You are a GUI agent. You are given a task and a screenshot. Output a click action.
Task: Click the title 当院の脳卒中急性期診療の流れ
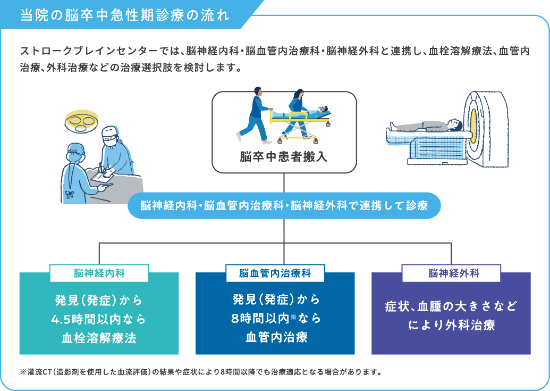124,15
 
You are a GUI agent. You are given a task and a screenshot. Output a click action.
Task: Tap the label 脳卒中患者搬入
284,156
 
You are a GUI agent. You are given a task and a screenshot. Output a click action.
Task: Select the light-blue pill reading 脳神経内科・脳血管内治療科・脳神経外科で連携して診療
284,205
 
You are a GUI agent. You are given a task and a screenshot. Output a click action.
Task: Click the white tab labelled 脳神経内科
99,273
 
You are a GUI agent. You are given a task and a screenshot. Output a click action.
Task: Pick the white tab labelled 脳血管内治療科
275,273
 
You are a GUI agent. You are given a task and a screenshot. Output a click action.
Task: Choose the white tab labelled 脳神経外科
452,273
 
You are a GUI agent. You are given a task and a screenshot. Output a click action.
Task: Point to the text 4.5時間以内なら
98,319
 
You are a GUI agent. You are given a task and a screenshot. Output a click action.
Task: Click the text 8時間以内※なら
276,318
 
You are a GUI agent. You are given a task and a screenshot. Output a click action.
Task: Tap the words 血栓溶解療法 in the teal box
99,338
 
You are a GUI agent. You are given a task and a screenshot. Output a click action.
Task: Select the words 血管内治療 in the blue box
276,337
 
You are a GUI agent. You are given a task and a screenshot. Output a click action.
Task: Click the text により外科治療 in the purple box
452,325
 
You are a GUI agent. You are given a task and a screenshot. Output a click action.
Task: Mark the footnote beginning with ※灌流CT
201,372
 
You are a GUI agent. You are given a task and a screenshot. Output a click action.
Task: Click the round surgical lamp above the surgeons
81,121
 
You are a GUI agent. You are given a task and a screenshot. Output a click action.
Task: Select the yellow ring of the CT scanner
474,127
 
